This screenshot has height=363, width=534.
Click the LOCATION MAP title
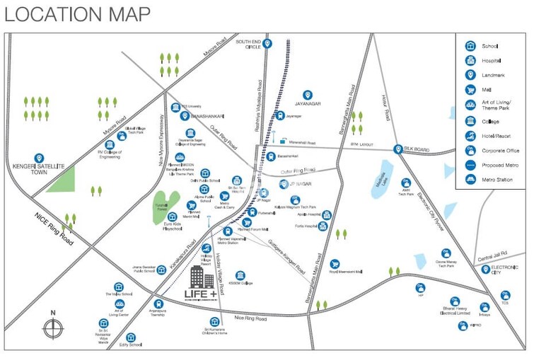point(77,13)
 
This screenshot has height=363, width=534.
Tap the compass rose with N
point(52,328)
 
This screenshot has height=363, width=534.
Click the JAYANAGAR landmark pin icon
point(308,95)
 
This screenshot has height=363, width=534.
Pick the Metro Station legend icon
point(470,180)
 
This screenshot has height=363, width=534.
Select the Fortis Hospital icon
point(323,226)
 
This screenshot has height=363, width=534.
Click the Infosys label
point(484,316)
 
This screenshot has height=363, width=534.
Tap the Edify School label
point(130,345)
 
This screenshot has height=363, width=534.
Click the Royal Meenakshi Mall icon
point(335,264)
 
